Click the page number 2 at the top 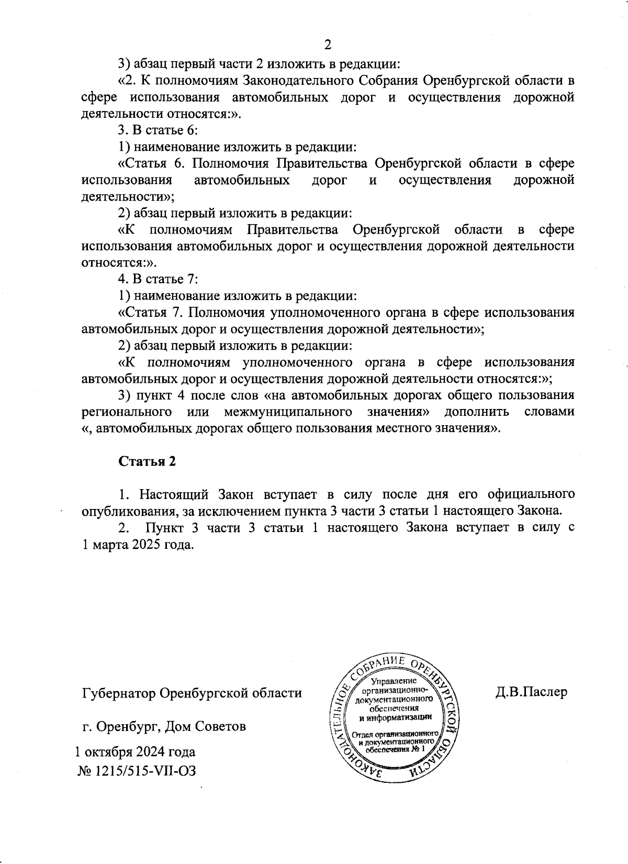coord(328,45)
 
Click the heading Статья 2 coord(147,461)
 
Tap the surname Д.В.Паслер coord(532,692)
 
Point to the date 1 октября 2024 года coord(136,752)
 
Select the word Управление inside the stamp coord(394,681)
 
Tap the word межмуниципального coord(287,412)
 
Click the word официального coord(531,494)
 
